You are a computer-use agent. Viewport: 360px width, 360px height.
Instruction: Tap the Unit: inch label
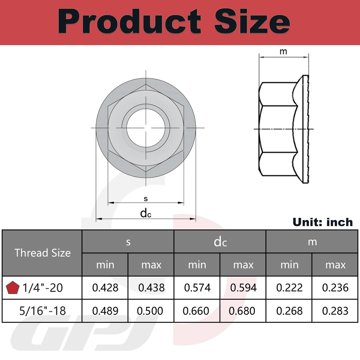(x=322, y=222)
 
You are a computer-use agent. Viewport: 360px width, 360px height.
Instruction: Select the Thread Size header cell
(x=42, y=253)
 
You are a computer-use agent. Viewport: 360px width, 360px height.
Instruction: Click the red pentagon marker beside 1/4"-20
(x=13, y=288)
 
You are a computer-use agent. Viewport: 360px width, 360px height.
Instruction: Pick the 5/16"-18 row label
(x=42, y=311)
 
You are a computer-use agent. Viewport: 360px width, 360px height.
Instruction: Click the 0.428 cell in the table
(x=105, y=288)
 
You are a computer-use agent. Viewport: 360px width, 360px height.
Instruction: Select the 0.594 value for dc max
(x=243, y=288)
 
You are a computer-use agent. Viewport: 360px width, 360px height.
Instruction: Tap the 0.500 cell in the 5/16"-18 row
(x=151, y=311)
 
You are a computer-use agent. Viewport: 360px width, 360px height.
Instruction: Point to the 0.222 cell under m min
(x=289, y=288)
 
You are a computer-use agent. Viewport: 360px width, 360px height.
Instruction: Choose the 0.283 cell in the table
(x=335, y=311)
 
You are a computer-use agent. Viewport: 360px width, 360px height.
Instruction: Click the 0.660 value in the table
(x=197, y=311)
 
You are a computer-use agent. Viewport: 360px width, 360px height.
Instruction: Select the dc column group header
(x=220, y=242)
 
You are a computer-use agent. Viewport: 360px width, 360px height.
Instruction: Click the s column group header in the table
(x=128, y=242)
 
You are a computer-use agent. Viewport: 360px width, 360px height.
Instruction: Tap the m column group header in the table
(x=312, y=242)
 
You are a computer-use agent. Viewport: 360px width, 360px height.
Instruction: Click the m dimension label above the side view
(x=283, y=52)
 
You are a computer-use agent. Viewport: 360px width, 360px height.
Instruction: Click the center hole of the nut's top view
(x=146, y=128)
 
